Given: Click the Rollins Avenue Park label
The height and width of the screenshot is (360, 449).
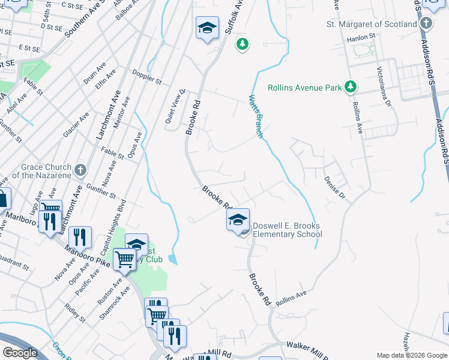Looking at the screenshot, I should coord(304,88).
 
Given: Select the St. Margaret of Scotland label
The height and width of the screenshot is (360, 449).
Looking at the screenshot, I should coord(371,25).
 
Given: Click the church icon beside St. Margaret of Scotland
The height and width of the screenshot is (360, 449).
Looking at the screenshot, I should coord(426,24).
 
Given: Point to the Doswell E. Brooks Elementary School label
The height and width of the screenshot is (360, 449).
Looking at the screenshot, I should coord(287,230).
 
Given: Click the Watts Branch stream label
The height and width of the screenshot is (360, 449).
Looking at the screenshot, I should coord(256,116).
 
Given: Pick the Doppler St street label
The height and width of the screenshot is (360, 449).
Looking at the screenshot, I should coord(147,77).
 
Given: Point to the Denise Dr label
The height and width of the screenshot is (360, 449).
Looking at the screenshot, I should coord(336,187).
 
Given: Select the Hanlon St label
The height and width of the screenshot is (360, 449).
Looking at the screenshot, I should coord(361,37).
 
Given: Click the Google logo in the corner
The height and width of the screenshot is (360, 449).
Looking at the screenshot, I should coord(20,352).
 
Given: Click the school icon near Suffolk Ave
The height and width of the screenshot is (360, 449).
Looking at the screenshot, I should coord(207,28).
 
